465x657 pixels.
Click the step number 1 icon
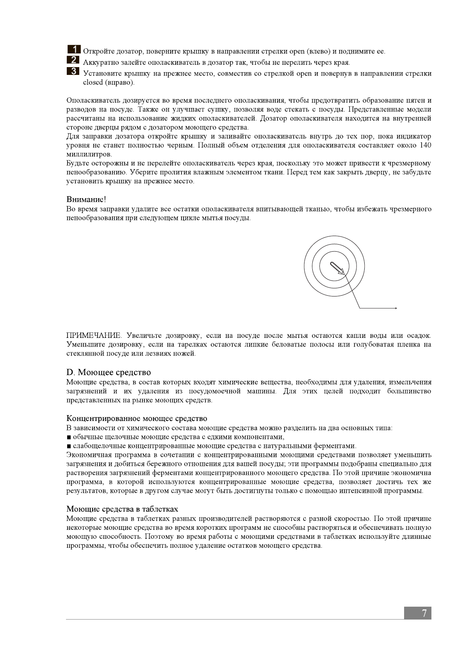coord(74,50)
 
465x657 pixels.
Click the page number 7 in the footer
coord(424,613)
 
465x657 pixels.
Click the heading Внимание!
coord(86,199)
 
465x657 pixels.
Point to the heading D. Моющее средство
coord(109,372)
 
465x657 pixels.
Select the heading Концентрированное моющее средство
coord(137,419)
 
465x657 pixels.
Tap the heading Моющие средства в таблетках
coord(122,509)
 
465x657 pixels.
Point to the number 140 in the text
coord(425,146)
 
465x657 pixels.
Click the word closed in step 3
coord(93,82)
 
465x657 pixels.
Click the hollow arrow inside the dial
coord(337,268)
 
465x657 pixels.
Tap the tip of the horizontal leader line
coord(397,308)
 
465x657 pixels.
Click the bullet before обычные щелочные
coord(69,437)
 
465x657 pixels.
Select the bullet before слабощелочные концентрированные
coord(69,446)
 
